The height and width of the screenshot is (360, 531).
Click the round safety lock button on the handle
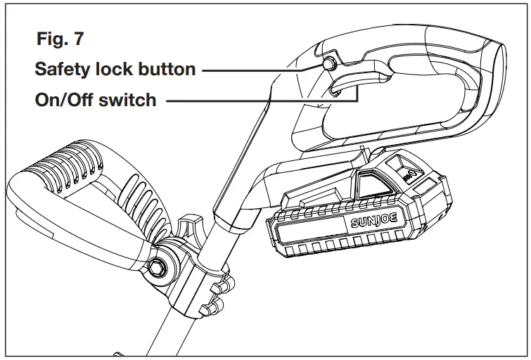click(328, 65)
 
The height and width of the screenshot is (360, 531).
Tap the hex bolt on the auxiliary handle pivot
click(160, 266)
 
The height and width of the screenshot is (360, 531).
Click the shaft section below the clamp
click(169, 337)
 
